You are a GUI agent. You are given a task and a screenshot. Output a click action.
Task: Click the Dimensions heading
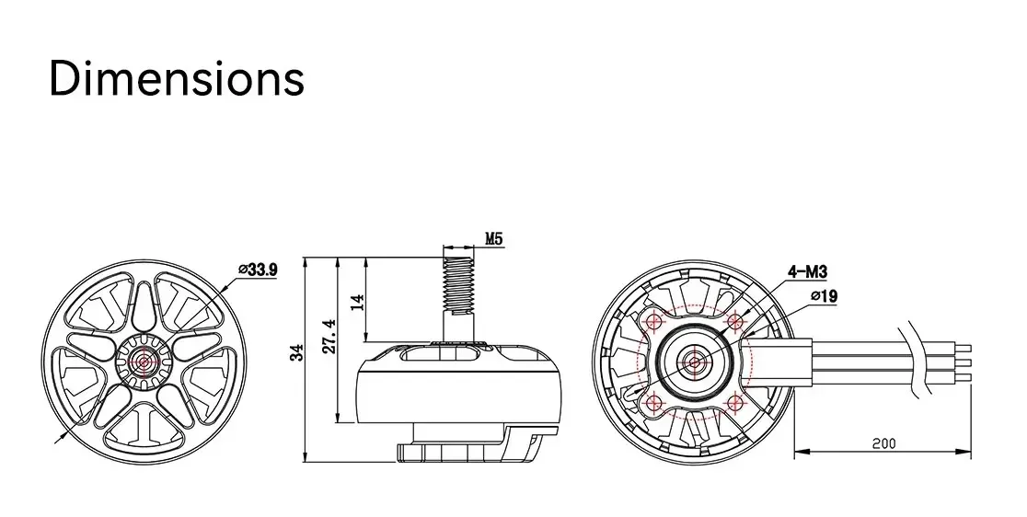[177, 78]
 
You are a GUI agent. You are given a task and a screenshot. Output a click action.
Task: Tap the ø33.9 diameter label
[258, 270]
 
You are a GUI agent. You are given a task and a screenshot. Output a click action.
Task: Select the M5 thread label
[494, 239]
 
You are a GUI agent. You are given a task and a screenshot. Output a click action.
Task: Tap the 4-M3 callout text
[807, 271]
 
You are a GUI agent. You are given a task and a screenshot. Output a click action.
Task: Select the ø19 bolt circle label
[824, 296]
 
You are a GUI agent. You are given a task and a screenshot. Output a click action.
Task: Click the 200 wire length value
[883, 443]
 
